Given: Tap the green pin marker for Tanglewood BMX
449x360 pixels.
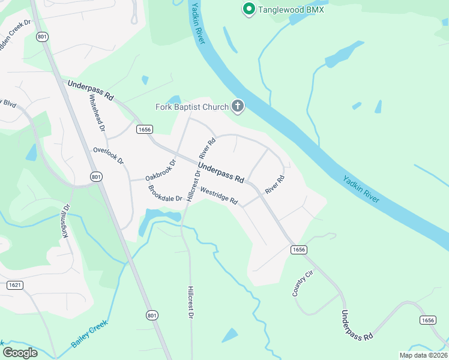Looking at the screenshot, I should [x=248, y=9].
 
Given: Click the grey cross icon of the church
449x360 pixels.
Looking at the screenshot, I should [x=238, y=107].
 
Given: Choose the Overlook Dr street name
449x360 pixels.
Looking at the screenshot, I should [x=108, y=156].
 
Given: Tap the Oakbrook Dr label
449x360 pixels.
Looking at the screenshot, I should [x=160, y=170].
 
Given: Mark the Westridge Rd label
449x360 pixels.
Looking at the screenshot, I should [x=219, y=197].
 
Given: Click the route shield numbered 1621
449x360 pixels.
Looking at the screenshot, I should [x=15, y=285].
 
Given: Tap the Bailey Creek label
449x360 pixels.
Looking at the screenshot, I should [x=89, y=333].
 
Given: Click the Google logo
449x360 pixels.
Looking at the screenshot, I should [x=20, y=352].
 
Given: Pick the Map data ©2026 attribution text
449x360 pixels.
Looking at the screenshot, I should [x=423, y=355].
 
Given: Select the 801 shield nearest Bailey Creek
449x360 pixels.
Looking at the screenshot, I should [x=152, y=315].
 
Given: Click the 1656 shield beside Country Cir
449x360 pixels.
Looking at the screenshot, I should [x=299, y=249].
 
